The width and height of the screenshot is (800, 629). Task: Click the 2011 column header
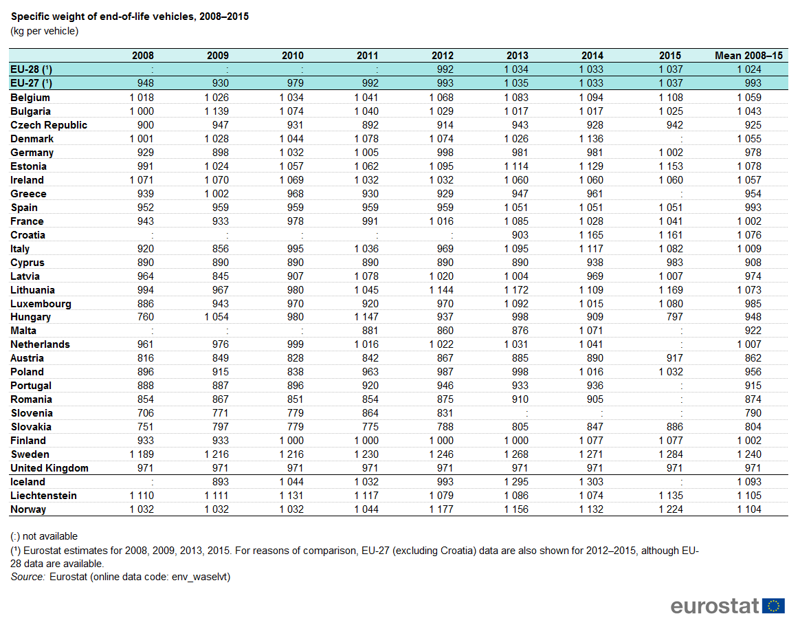point(367,56)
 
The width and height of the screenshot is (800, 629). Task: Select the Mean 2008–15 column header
point(748,56)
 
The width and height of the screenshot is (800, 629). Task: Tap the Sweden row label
point(30,454)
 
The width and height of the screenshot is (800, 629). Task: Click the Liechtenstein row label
point(43,496)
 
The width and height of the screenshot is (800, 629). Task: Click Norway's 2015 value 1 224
point(669,509)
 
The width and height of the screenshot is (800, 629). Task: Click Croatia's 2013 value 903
point(520,235)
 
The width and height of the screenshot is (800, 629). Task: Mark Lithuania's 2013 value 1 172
point(516,290)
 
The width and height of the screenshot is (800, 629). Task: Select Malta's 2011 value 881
point(370,331)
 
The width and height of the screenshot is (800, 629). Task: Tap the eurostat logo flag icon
point(773,606)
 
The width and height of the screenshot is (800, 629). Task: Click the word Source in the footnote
point(27,577)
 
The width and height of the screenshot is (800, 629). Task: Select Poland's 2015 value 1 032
point(669,372)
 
